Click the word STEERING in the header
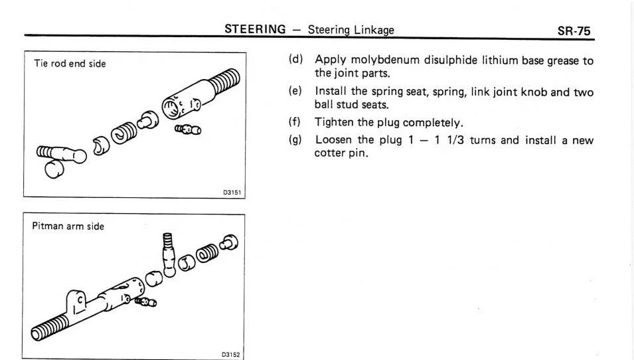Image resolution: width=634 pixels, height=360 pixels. (x=255, y=29)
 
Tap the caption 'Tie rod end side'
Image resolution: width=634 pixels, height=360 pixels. (x=70, y=64)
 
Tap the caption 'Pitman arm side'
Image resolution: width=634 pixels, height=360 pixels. (x=68, y=226)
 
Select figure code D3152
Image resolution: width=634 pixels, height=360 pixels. (x=231, y=355)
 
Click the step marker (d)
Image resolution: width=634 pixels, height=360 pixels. (x=295, y=60)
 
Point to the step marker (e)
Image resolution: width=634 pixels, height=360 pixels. (x=295, y=92)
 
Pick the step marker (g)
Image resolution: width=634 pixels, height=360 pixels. (x=295, y=140)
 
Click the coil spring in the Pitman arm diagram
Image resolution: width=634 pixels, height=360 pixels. (x=207, y=255)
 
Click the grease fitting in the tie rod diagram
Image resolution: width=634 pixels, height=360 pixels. (x=189, y=128)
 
